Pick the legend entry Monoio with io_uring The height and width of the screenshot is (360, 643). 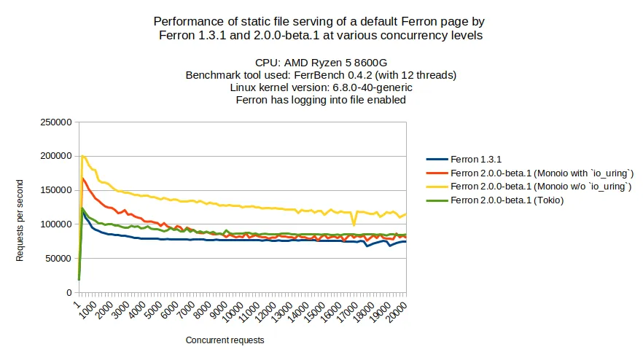tap(542, 173)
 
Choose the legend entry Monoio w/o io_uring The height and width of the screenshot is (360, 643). tap(540, 187)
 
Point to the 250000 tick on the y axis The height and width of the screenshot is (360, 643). tap(55, 122)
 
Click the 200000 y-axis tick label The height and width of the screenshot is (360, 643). tap(55, 156)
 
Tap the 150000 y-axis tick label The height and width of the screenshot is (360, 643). tap(55, 190)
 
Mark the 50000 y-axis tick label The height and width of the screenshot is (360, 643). tap(57, 258)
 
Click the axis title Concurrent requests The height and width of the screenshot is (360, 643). tap(225, 340)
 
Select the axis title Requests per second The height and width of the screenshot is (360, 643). tap(21, 220)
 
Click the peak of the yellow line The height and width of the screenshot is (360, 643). tap(83, 155)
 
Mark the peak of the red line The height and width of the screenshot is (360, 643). tap(83, 178)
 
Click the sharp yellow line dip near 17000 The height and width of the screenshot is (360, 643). tap(354, 224)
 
